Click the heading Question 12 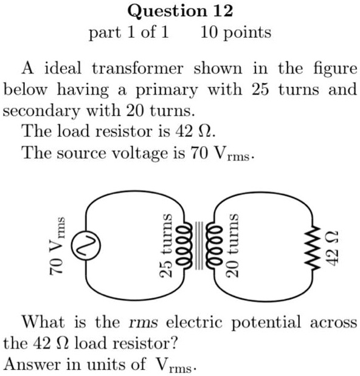180,10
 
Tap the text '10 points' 235,32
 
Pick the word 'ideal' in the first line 61,68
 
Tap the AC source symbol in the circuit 83,246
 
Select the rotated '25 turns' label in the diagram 165,245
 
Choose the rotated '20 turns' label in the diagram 230,245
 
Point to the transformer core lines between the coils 198,245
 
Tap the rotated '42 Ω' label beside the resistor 331,246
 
